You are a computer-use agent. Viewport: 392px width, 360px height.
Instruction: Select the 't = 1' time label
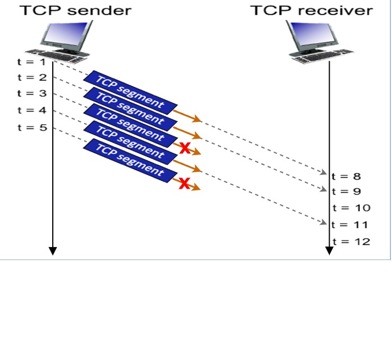click(x=29, y=61)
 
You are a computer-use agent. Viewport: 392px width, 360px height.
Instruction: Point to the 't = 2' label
click(x=29, y=77)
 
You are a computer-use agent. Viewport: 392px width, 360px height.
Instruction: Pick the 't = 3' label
click(x=29, y=93)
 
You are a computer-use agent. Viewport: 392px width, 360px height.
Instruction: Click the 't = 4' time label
click(x=29, y=110)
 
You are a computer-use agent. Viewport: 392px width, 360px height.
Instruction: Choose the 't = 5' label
click(x=29, y=127)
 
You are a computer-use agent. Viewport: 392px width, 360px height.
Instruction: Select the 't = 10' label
click(x=352, y=208)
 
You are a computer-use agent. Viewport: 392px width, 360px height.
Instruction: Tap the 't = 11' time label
click(x=349, y=225)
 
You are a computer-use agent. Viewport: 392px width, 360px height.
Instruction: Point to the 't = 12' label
click(x=352, y=241)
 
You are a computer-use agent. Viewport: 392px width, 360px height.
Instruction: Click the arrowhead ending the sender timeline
click(x=52, y=251)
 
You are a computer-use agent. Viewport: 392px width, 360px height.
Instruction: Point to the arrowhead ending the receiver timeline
click(x=329, y=251)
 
